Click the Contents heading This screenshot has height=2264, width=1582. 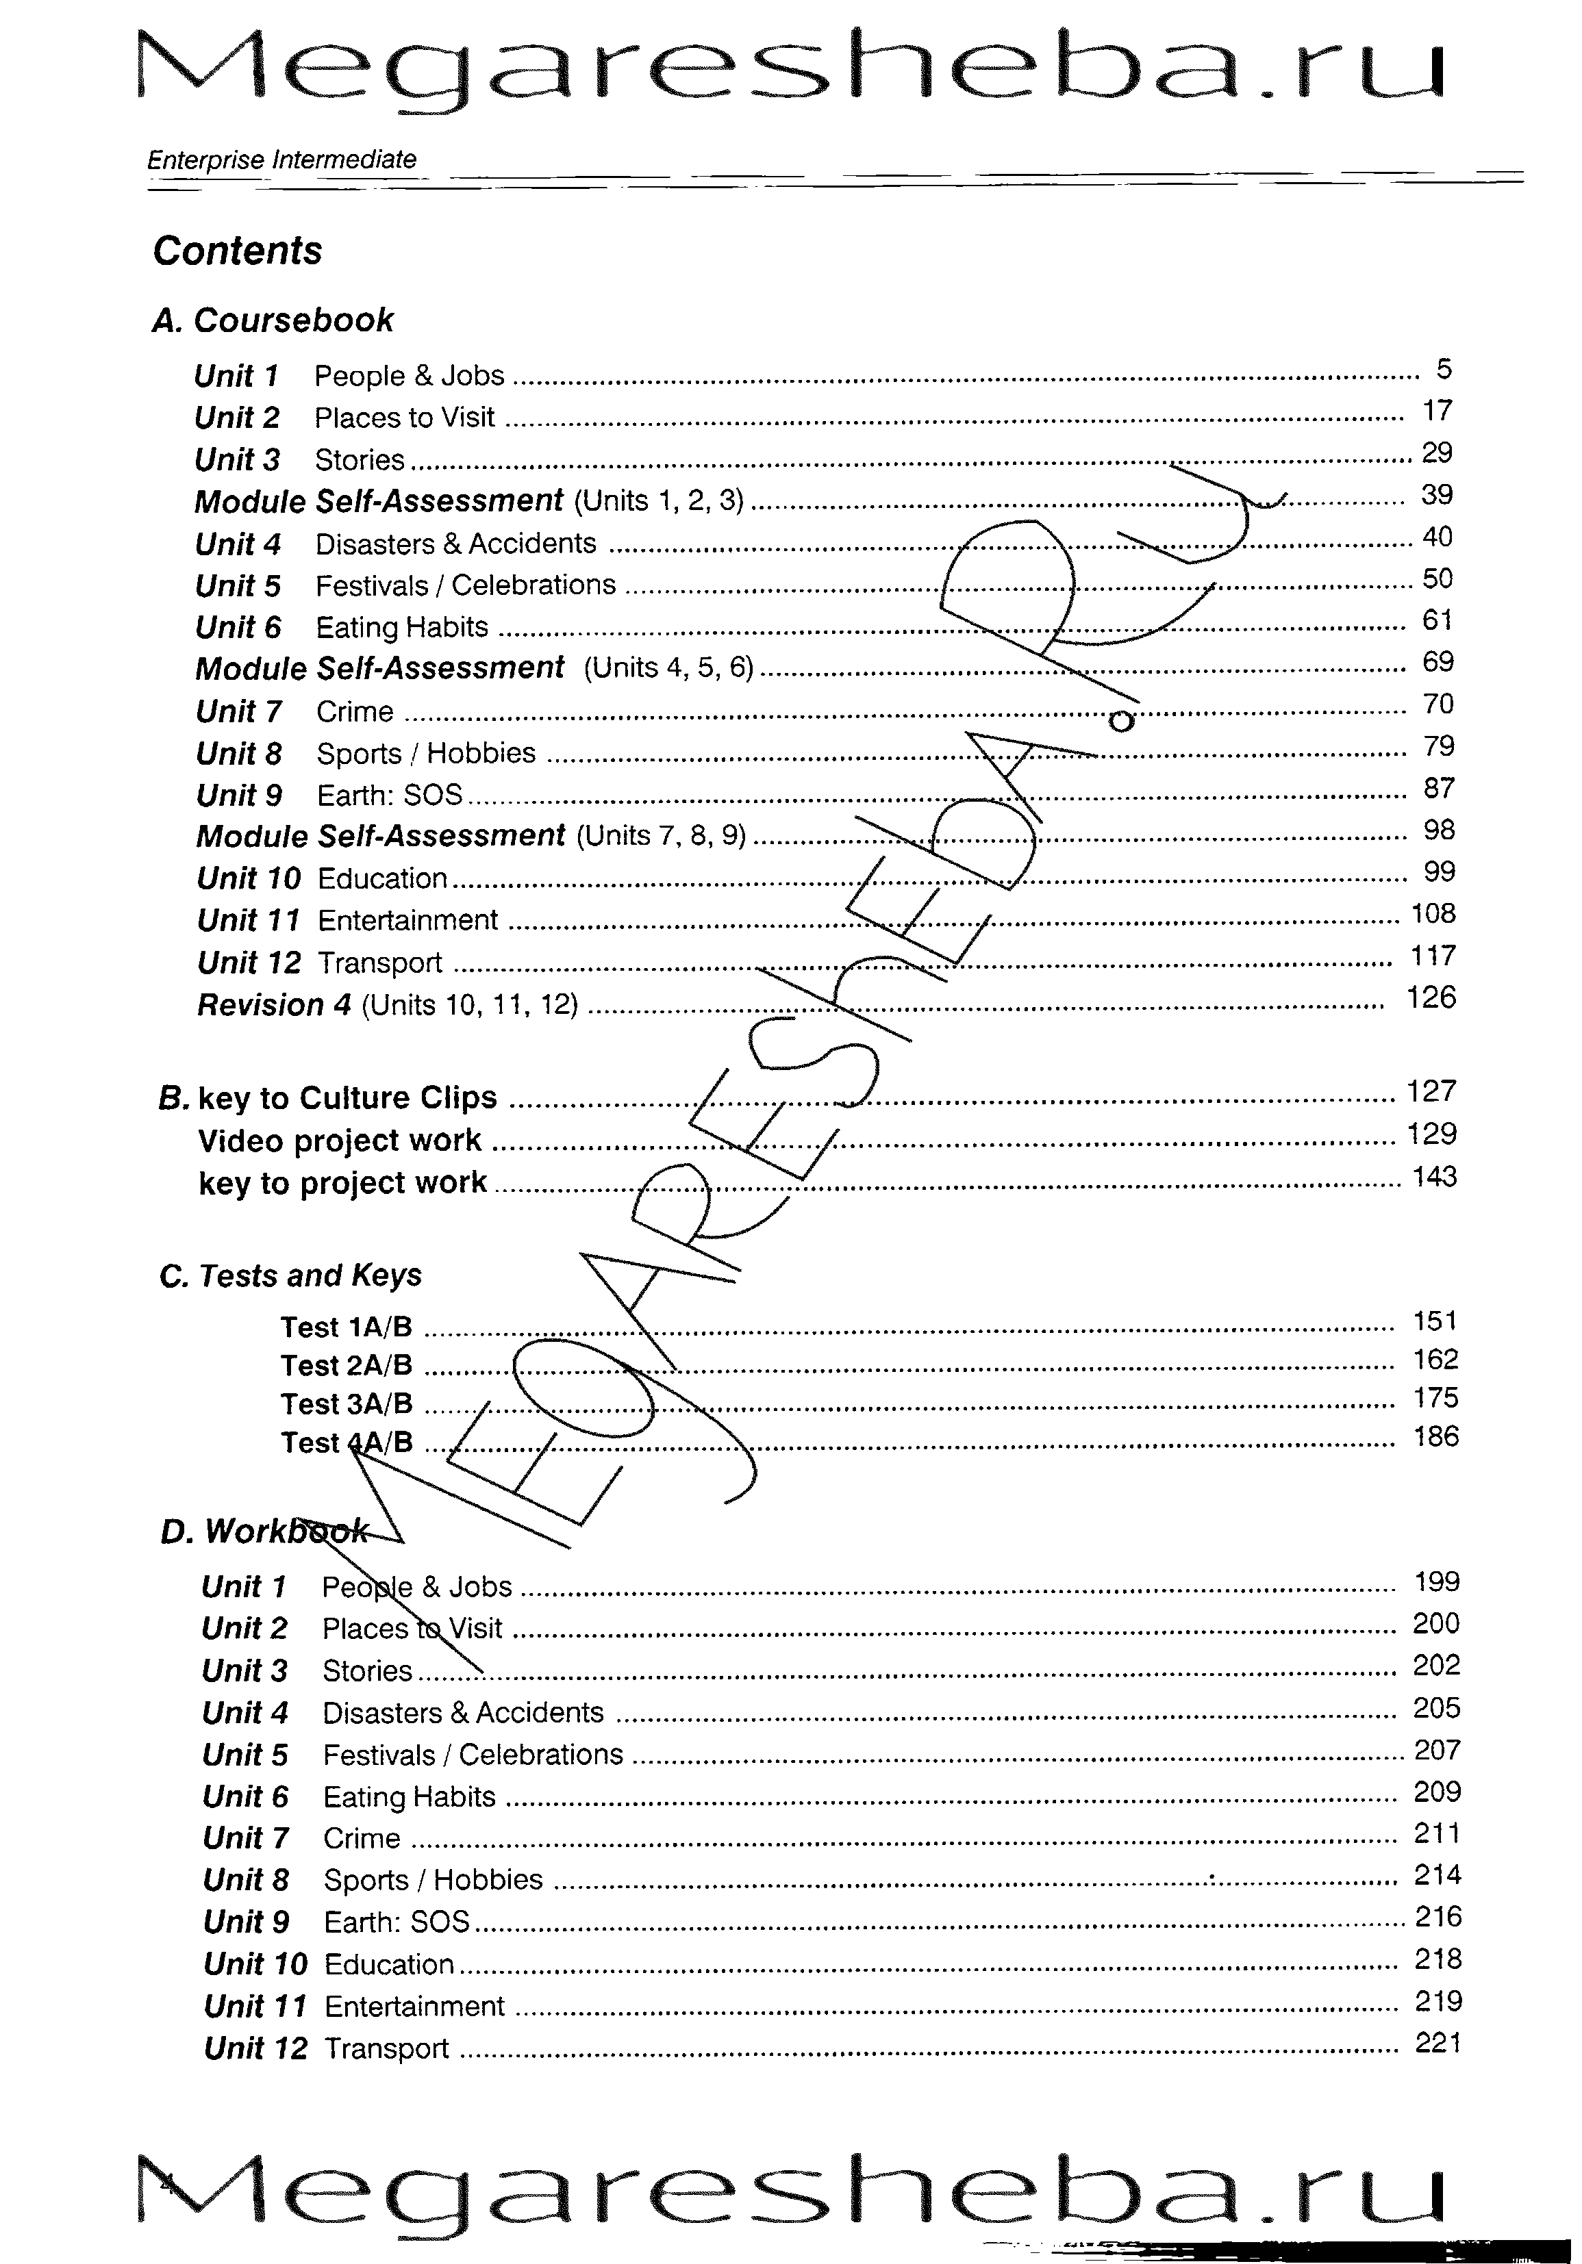point(237,251)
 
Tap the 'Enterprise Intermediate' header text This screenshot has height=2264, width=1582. point(281,160)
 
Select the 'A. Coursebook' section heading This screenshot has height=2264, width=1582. point(272,320)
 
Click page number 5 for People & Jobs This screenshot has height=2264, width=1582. point(1444,370)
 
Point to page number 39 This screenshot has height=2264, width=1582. point(1437,495)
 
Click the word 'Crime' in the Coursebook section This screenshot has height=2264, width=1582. point(354,712)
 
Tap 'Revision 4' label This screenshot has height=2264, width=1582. point(274,1006)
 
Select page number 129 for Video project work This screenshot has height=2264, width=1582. point(1432,1134)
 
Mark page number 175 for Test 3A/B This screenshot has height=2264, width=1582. point(1435,1398)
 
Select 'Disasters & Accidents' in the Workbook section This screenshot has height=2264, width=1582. point(462,1713)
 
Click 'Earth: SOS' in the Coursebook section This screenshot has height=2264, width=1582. point(390,796)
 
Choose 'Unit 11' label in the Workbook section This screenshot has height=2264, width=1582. point(255,2007)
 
